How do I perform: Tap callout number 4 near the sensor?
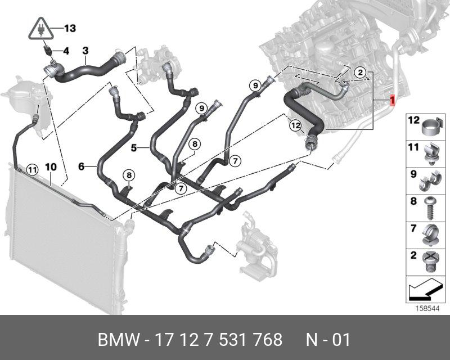(66, 51)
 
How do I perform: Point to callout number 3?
(85, 51)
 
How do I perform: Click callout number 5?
(134, 148)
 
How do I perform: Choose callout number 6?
(81, 166)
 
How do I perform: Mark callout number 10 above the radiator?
(51, 167)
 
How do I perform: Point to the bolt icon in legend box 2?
(431, 261)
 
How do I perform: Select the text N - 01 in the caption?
(328, 340)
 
